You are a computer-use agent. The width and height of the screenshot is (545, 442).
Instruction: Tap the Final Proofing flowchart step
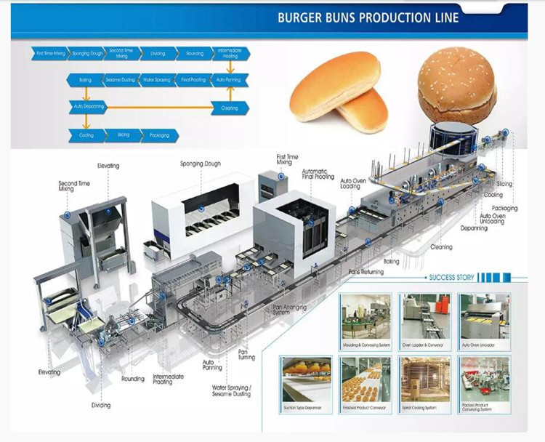tap(193, 79)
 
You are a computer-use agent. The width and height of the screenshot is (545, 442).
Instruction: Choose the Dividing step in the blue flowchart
tap(158, 53)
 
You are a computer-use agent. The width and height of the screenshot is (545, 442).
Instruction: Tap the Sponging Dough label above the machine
tap(200, 164)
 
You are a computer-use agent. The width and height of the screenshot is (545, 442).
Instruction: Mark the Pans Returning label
tap(365, 271)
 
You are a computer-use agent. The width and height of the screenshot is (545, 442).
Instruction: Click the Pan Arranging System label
tap(290, 310)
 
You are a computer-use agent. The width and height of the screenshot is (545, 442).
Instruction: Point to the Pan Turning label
tap(246, 354)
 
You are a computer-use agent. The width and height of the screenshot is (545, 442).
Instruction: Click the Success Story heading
tap(452, 277)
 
